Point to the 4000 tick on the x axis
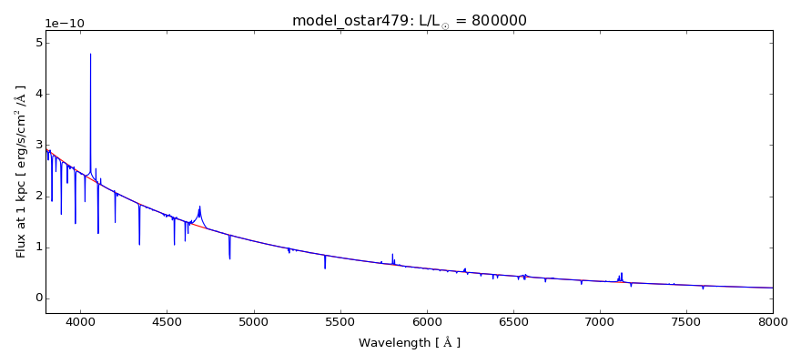pos(80,321)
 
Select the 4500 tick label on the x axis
pos(167,321)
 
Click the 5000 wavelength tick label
pos(253,321)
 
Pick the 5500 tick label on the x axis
pos(340,321)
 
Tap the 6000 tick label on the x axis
pos(427,321)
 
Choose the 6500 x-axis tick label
pos(513,321)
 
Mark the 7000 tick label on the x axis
pos(600,321)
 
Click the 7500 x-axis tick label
pos(686,321)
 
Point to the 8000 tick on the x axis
pos(773,321)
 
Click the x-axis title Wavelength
pos(409,343)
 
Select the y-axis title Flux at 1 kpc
pos(21,171)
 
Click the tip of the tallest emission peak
pos(90,54)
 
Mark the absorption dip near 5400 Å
pos(325,268)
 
